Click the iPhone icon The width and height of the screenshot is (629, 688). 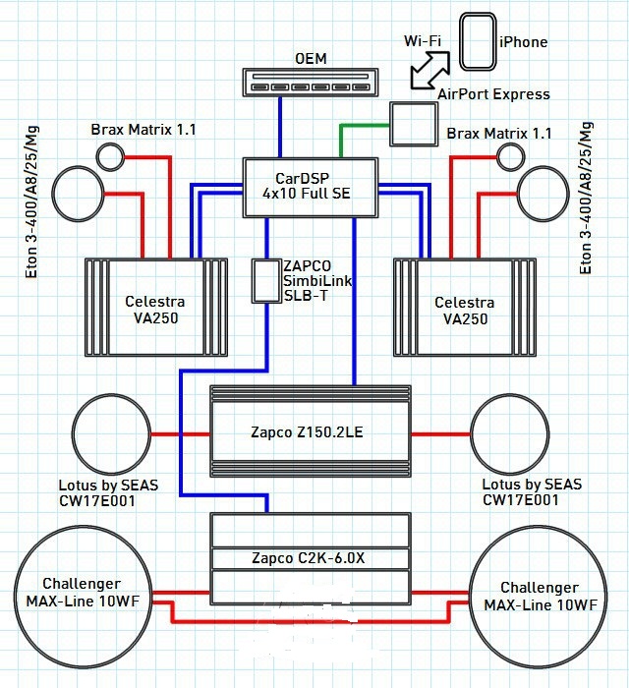pos(478,41)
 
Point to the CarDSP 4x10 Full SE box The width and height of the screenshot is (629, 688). pos(313,185)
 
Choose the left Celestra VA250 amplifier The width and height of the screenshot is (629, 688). pos(157,307)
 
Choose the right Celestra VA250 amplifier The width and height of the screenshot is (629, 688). pos(465,307)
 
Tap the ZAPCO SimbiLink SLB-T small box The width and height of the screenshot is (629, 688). pos(265,281)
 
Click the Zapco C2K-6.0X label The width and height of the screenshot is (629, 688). pos(311,559)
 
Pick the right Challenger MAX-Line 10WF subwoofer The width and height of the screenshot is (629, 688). pos(539,593)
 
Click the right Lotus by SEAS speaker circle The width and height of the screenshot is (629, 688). pos(509,433)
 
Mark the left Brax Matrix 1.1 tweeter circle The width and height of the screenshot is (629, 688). pos(109,155)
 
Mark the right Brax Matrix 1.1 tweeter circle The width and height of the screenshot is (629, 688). pos(509,155)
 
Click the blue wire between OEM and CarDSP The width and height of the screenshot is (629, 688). pos(281,128)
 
